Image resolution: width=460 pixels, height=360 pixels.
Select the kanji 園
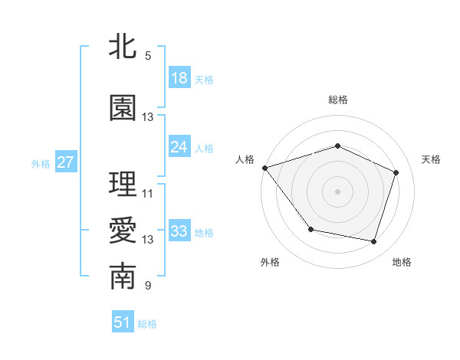tap(123, 108)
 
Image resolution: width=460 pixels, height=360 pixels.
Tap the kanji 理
tap(123, 185)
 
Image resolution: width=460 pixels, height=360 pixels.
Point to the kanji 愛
tap(123, 231)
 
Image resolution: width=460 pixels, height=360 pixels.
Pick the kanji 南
tap(123, 277)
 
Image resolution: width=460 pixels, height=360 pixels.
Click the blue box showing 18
tap(179, 78)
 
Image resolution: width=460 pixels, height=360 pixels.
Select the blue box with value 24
tap(179, 147)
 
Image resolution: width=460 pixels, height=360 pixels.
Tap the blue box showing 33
tap(179, 231)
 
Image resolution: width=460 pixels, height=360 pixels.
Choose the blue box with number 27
tap(65, 162)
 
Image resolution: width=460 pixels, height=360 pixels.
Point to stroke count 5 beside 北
tap(147, 55)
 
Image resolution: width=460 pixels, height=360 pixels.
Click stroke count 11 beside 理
tap(147, 193)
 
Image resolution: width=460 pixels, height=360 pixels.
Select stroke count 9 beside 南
tap(147, 286)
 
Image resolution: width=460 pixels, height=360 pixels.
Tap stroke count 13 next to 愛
tap(147, 239)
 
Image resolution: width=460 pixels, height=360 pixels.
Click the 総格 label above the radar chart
tap(337, 100)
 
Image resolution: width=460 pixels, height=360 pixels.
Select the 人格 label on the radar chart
tap(245, 159)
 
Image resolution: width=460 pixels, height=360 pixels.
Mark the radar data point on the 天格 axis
tap(396, 172)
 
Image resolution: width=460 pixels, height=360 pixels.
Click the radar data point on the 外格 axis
tap(310, 229)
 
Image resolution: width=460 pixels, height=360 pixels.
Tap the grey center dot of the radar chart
tap(337, 191)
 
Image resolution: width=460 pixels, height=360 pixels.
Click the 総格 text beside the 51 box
tap(147, 324)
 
